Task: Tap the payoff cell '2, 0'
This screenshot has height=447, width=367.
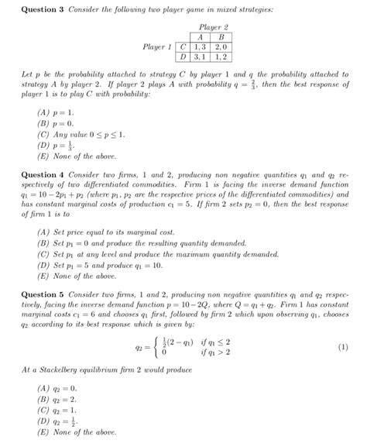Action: (x=221, y=46)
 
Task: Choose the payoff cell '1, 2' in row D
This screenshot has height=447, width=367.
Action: (x=221, y=57)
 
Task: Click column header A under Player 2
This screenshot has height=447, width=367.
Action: (x=200, y=36)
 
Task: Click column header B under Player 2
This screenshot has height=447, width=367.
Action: (x=221, y=36)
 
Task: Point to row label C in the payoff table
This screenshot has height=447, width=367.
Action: (x=183, y=46)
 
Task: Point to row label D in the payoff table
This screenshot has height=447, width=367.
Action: (x=183, y=57)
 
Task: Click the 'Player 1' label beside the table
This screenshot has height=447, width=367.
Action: (x=155, y=46)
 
